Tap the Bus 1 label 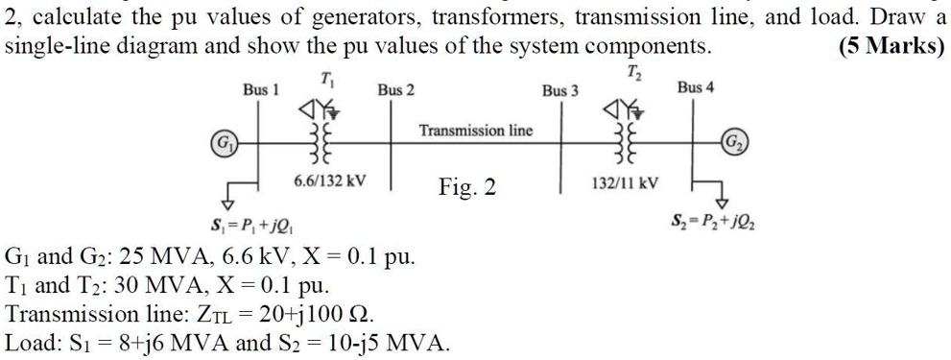(260, 90)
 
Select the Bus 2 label (395, 90)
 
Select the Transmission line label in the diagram (476, 130)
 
